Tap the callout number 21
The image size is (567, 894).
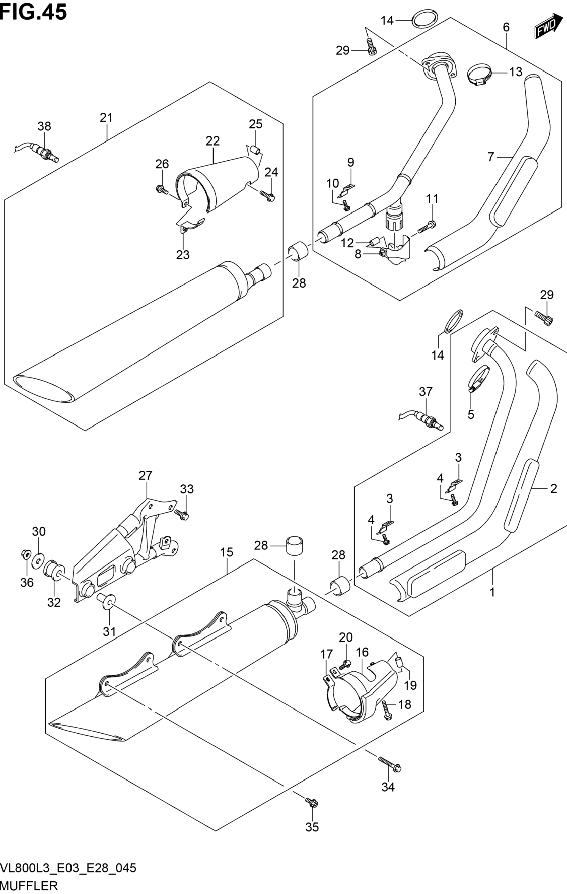pos(106,118)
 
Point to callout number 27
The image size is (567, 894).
pos(145,476)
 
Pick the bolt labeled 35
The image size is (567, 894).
pos(311,802)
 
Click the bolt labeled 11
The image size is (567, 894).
pos(428,226)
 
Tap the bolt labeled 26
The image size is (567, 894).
pos(162,190)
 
